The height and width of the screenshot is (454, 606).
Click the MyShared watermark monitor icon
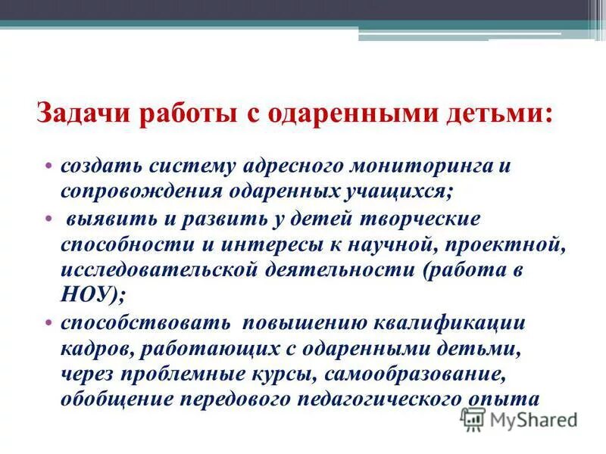(473, 418)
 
